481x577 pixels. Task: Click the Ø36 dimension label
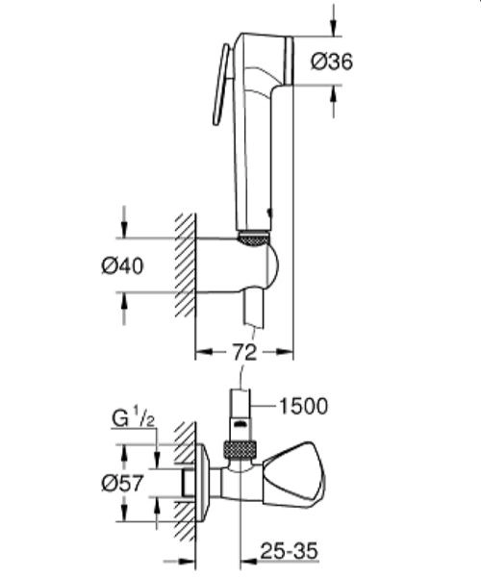(333, 62)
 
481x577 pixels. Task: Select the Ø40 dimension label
(122, 267)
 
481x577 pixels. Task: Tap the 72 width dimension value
(244, 352)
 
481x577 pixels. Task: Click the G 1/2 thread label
(131, 420)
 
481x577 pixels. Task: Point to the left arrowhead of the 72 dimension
(202, 352)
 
